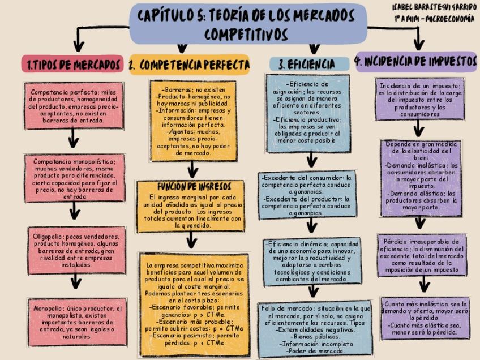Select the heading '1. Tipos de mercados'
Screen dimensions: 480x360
[x=73, y=64]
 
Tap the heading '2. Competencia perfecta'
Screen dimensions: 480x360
[x=189, y=65]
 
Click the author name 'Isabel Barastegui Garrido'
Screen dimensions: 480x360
[x=434, y=7]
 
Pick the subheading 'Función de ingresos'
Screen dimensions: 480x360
[x=190, y=186]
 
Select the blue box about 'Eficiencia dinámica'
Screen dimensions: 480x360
[x=312, y=261]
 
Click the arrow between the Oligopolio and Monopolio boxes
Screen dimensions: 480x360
[x=73, y=284]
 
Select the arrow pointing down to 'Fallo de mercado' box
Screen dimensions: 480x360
[x=313, y=293]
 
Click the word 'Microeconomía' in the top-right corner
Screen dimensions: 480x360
[x=450, y=18]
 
